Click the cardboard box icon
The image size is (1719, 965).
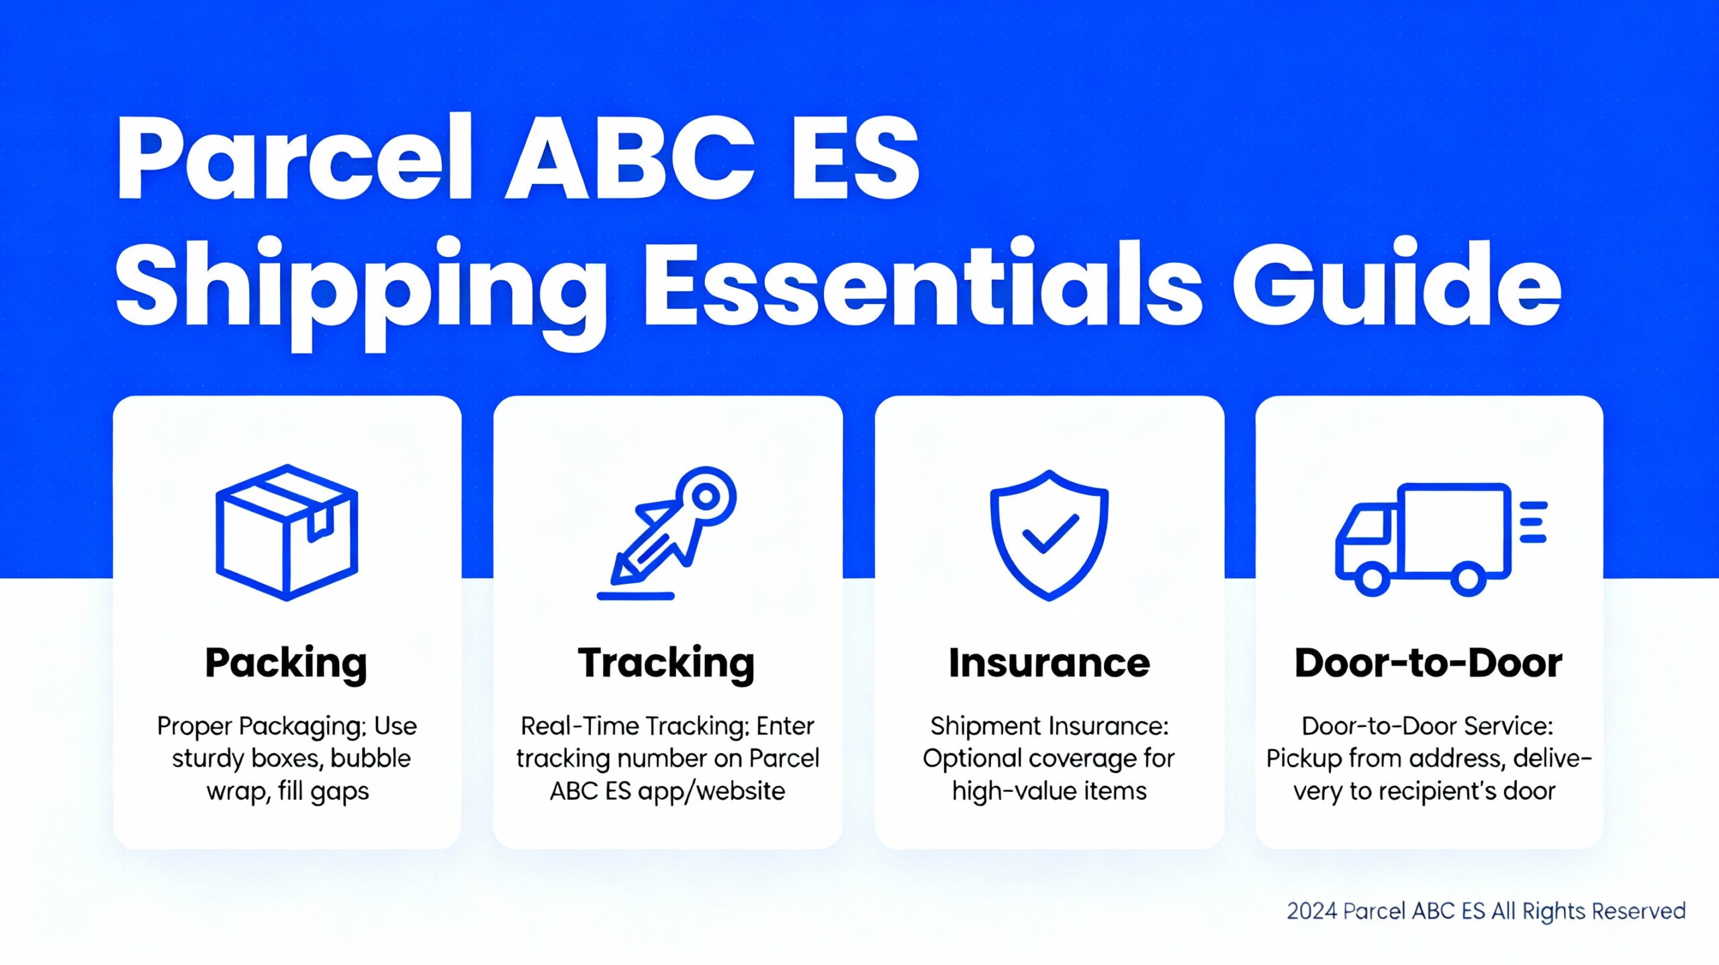point(287,532)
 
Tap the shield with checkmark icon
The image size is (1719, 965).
point(1049,535)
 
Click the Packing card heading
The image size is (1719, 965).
point(286,663)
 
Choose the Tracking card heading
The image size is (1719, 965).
point(667,663)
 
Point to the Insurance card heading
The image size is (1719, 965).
point(1049,663)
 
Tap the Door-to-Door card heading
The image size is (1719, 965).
point(1428,663)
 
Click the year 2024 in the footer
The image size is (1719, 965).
point(1312,911)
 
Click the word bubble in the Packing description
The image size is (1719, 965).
point(370,758)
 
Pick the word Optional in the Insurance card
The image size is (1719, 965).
point(972,758)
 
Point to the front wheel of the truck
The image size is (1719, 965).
point(1371,579)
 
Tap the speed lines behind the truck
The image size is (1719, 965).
point(1533,522)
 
